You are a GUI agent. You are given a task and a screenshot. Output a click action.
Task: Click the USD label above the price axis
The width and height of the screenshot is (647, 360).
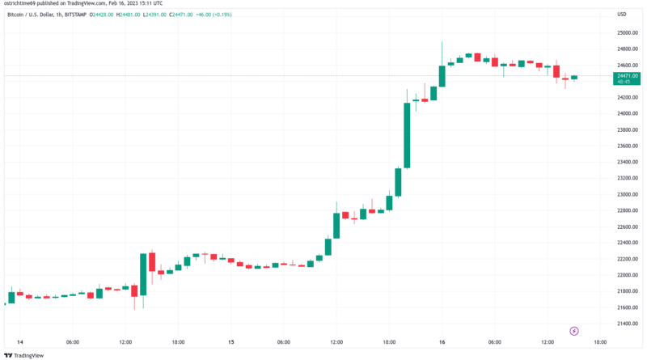tap(622, 15)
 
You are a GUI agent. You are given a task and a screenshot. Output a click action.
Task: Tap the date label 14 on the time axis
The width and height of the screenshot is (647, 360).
tap(19, 342)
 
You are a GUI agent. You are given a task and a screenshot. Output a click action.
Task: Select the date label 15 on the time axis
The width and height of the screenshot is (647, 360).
tap(230, 342)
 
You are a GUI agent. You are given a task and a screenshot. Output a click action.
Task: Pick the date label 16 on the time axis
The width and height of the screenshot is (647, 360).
tap(442, 342)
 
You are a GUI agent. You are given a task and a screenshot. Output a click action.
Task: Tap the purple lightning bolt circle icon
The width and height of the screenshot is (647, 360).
tap(574, 330)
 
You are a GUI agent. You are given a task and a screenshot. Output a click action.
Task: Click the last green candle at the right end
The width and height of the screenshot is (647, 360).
tap(573, 78)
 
